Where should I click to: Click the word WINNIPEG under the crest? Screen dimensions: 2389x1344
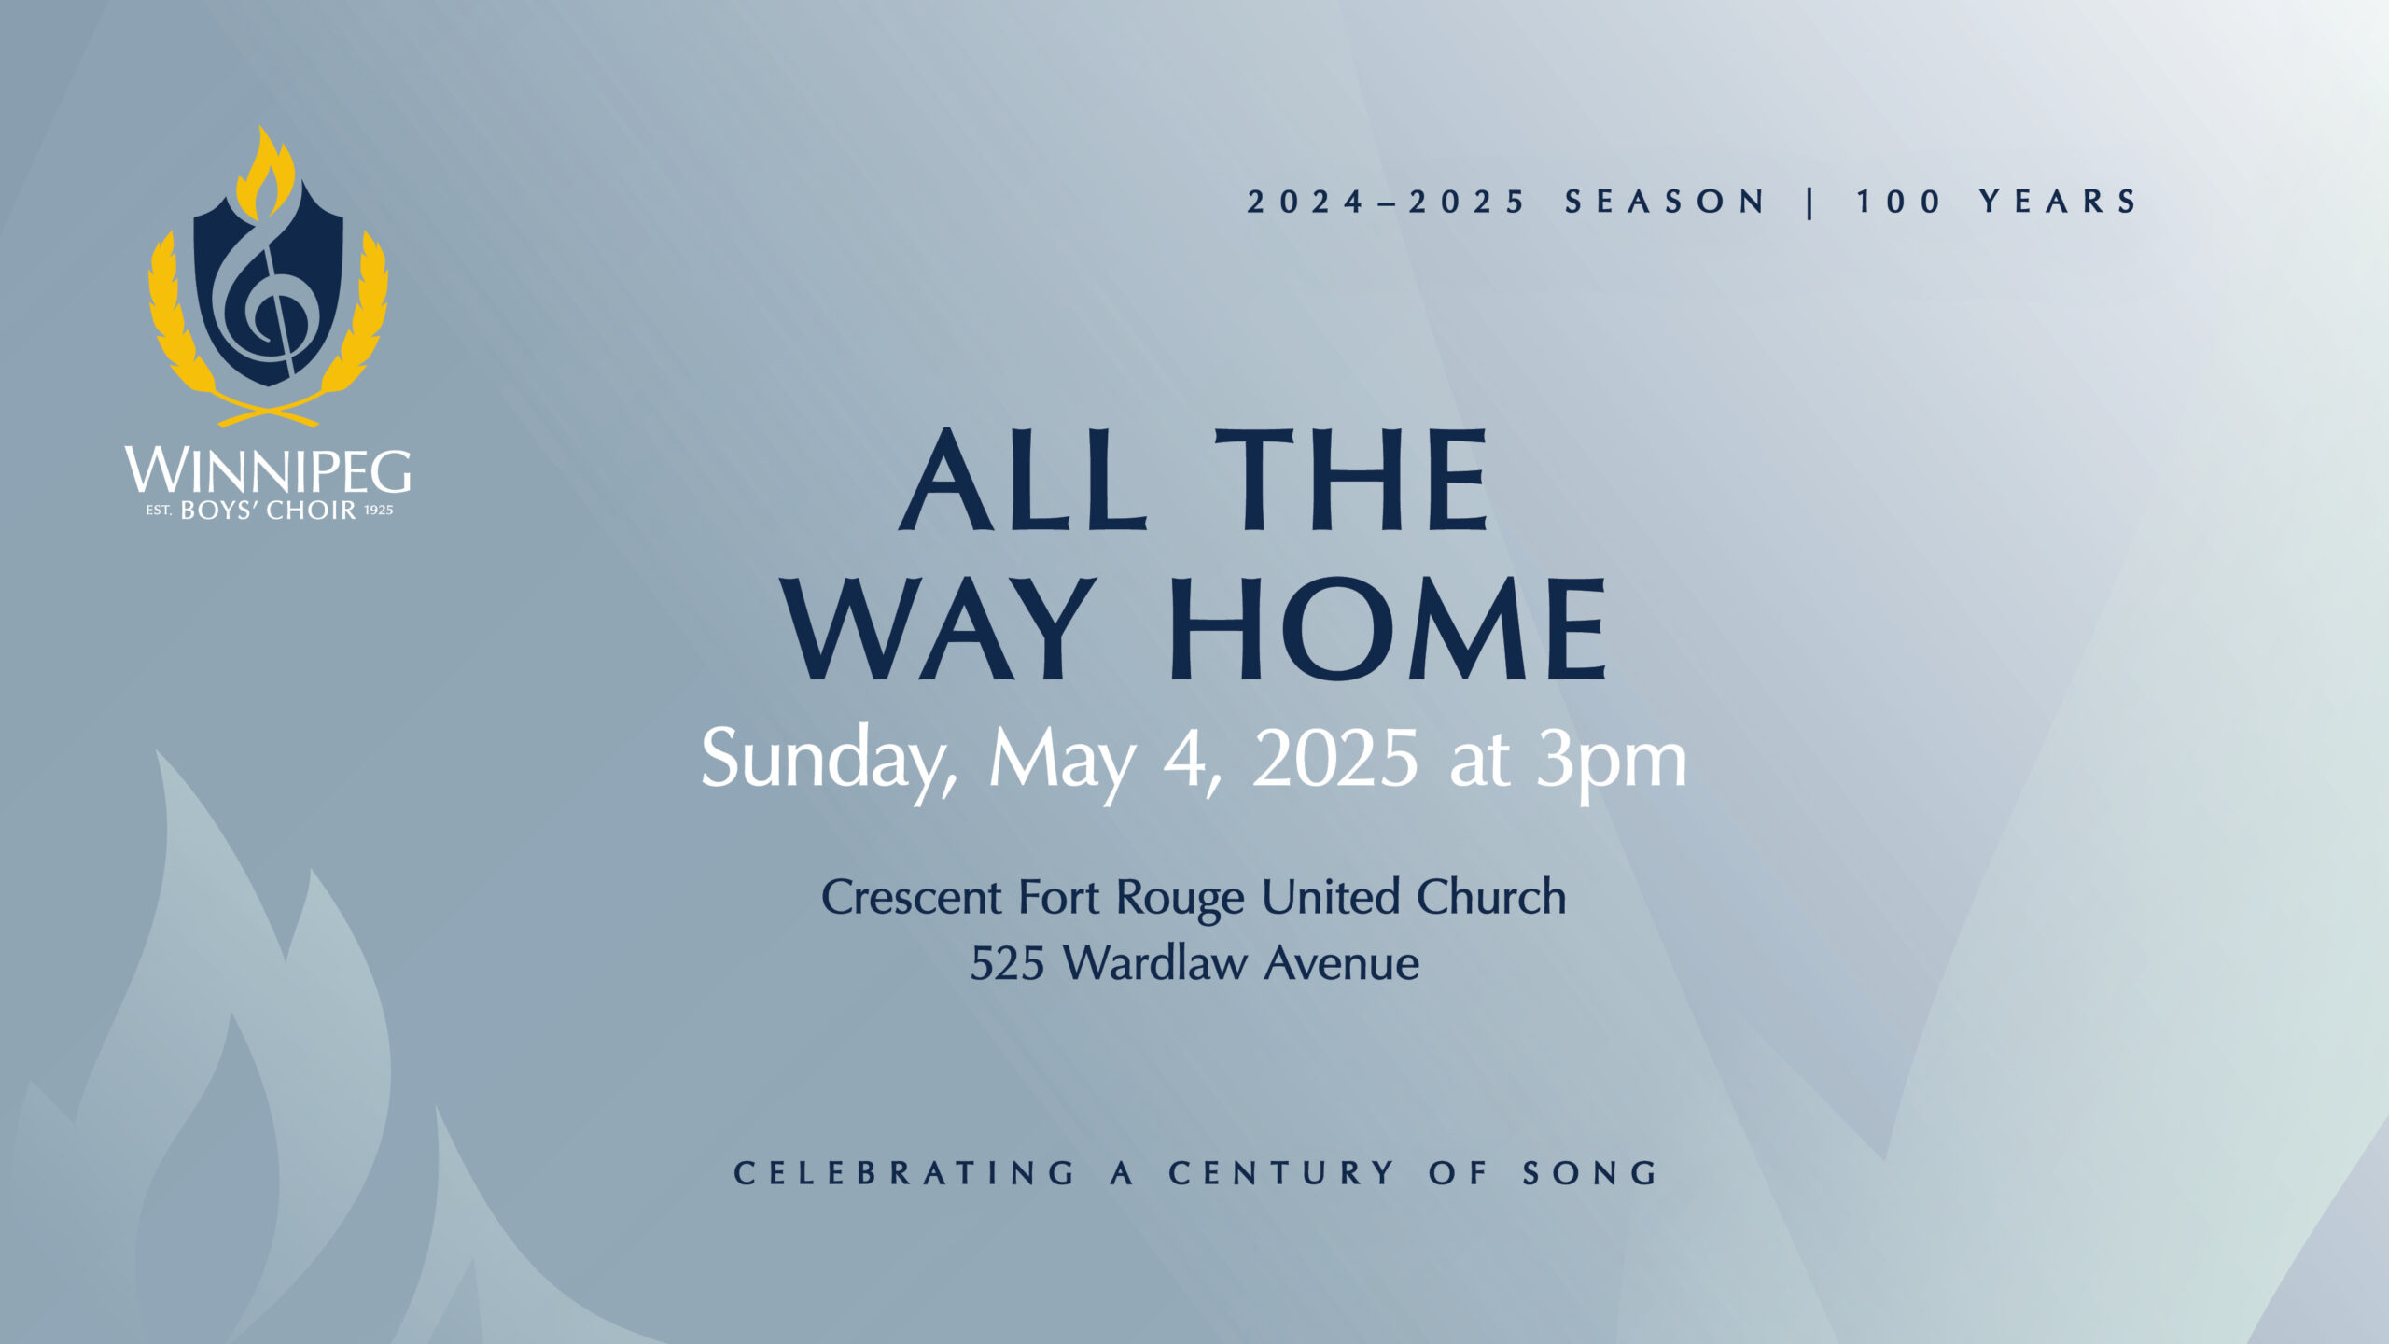268,471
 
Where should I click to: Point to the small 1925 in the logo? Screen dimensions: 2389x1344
379,511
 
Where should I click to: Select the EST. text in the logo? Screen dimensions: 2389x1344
159,511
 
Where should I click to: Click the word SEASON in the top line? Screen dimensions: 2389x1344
1665,202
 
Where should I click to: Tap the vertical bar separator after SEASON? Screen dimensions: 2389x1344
1810,202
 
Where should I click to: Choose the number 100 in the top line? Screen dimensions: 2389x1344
1899,202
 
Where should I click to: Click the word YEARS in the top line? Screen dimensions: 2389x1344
2058,202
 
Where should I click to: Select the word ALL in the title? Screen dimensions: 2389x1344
1023,481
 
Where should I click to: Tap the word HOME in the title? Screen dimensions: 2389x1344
1388,627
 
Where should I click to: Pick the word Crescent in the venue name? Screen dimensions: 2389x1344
912,898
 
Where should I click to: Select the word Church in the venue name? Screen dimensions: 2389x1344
1491,897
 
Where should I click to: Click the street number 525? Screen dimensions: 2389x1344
1007,964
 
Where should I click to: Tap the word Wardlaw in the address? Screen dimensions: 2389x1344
1156,962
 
